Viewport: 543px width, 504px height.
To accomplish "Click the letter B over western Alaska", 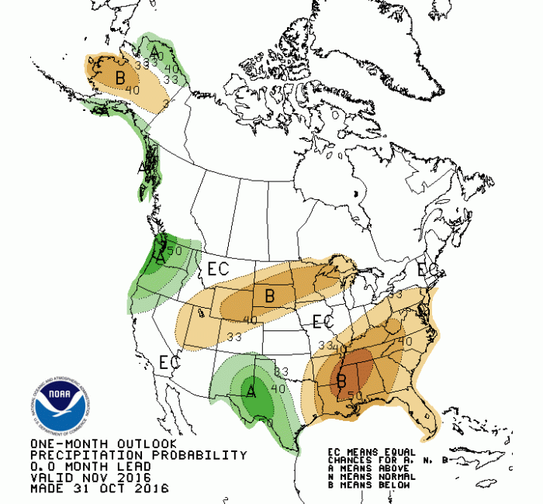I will (x=120, y=77).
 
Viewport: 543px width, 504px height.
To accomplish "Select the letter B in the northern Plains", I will (x=270, y=295).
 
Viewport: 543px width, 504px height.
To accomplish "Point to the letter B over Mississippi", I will (x=341, y=380).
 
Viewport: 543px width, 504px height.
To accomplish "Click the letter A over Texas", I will (x=251, y=392).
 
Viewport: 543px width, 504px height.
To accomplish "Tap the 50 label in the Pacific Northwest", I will (x=174, y=250).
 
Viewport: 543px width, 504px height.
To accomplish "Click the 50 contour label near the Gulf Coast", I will (x=355, y=396).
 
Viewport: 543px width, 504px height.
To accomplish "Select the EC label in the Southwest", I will (x=169, y=361).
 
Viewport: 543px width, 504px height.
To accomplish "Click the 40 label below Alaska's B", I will (x=132, y=90).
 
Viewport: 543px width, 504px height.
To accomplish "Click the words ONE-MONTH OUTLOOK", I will (x=88, y=444).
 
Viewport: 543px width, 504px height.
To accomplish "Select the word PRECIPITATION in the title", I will (x=77, y=455).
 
